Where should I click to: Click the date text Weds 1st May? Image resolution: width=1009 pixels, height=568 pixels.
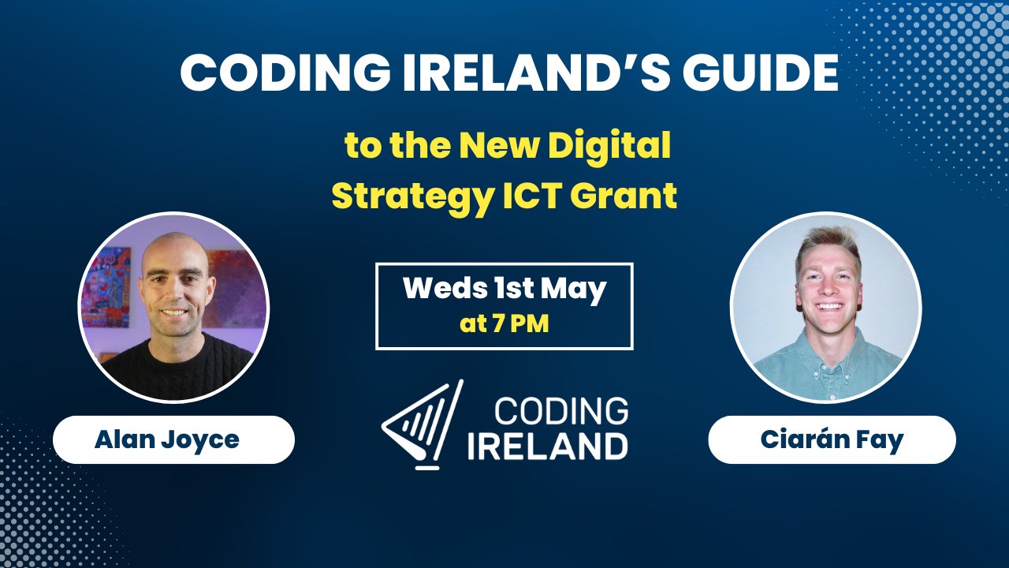[504, 290]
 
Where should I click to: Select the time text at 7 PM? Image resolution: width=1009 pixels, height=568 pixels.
[504, 323]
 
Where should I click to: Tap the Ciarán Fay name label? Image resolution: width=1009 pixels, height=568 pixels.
[832, 439]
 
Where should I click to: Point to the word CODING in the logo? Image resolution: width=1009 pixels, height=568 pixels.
[560, 411]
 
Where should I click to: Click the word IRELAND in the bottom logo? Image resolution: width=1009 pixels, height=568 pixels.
[548, 445]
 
